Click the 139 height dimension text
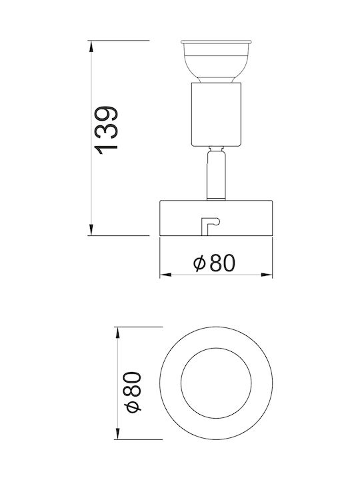106,130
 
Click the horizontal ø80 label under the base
214,263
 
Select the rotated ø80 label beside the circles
133,392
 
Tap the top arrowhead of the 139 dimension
91,47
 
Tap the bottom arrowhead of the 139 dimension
91,229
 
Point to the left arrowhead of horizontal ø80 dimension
165,275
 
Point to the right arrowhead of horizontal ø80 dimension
266,275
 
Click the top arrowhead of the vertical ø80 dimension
117,333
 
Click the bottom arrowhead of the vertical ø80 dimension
117,433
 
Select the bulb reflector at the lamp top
216,61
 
